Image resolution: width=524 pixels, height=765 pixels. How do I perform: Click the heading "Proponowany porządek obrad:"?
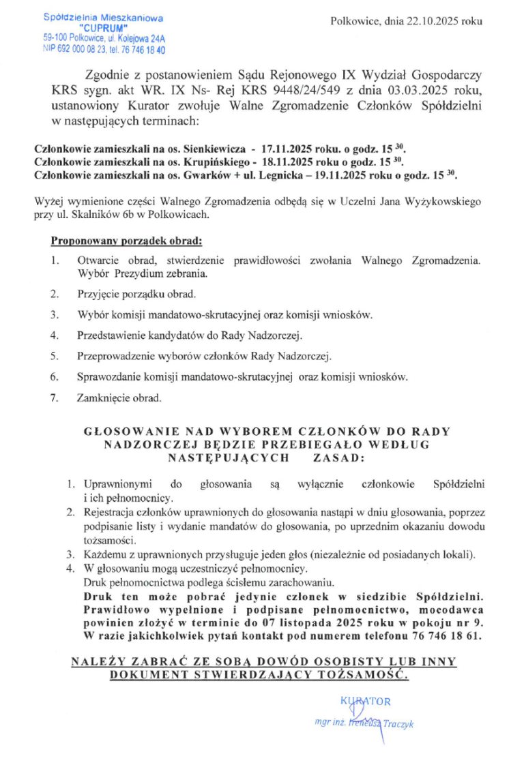coord(126,241)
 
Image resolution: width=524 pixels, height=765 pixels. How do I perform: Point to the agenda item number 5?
coord(54,356)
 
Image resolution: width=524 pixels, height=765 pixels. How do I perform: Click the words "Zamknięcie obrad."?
coord(119,397)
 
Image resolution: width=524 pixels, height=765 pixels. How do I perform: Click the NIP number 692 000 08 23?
coord(81,50)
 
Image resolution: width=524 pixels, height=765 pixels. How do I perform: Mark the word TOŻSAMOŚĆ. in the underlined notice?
coord(361,674)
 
